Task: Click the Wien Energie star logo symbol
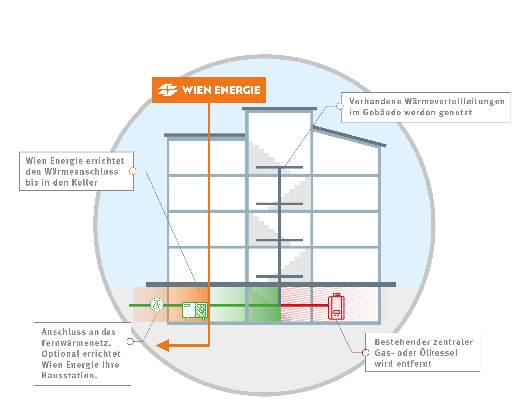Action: [168, 90]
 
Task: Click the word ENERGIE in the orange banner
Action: [237, 90]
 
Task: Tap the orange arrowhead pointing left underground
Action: [163, 345]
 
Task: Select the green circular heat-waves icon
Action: [157, 305]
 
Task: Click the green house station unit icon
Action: [195, 310]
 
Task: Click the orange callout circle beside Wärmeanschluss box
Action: [133, 171]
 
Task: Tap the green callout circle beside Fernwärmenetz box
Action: [130, 341]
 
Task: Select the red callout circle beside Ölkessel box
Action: [366, 353]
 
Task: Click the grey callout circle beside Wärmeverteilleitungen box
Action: [340, 106]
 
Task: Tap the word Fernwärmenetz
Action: [76, 343]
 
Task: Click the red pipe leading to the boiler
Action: [304, 305]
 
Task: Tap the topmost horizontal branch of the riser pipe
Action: [279, 167]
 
